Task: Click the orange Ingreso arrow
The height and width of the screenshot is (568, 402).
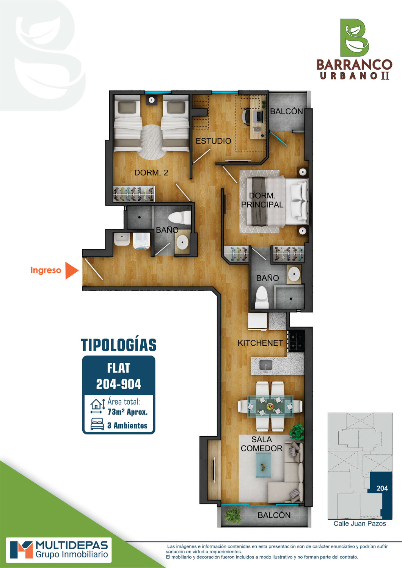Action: tap(71, 270)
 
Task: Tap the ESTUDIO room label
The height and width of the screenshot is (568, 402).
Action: tap(213, 141)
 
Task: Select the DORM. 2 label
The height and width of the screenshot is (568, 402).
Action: tap(151, 173)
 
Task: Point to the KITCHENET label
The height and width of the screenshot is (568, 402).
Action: tap(260, 343)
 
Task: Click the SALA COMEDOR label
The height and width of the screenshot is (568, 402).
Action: tap(262, 444)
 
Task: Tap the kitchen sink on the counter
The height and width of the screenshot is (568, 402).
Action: tap(266, 365)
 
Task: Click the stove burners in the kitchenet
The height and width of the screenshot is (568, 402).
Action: tap(296, 341)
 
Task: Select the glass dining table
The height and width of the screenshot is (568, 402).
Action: tap(270, 406)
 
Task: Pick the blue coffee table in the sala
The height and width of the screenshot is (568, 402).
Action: tap(263, 465)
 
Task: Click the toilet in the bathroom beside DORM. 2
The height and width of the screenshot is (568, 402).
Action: tap(179, 218)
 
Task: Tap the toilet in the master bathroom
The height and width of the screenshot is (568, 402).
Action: tap(262, 297)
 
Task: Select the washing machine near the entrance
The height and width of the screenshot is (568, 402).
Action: tap(141, 241)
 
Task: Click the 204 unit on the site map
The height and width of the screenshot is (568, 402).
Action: tap(382, 488)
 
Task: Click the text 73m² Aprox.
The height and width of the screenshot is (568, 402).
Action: tap(127, 412)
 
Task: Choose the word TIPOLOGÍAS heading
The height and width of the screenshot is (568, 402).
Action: tap(119, 345)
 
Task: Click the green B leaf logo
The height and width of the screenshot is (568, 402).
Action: tap(355, 38)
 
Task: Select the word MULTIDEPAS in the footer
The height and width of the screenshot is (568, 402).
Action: tap(72, 545)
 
